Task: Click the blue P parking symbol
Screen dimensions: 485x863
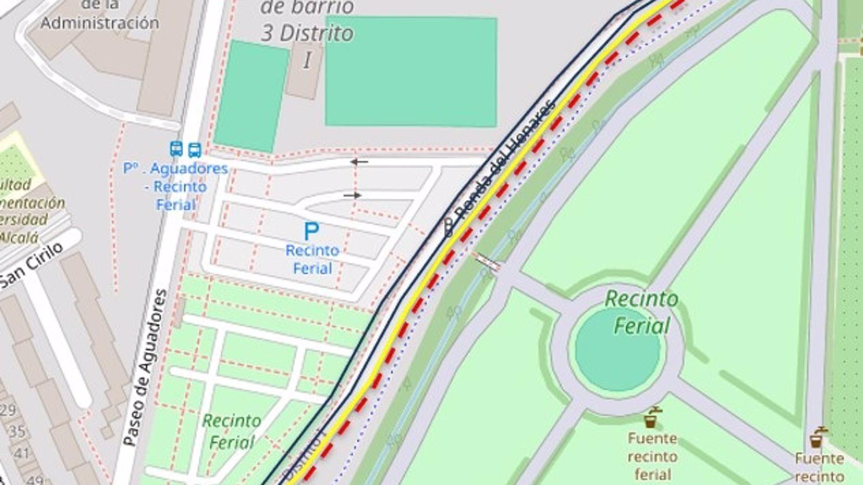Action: (x=311, y=231)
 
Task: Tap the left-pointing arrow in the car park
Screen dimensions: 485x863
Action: (x=359, y=161)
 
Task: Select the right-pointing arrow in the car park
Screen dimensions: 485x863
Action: (x=352, y=195)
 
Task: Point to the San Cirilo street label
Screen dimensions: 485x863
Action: (x=31, y=264)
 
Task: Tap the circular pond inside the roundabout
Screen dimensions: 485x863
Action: (x=617, y=349)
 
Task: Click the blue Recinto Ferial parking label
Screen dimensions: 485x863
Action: (x=312, y=259)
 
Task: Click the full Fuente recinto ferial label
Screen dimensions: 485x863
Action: (x=652, y=456)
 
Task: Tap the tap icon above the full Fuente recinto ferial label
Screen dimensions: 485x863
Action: (x=652, y=418)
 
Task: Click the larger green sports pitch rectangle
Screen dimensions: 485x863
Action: (x=411, y=72)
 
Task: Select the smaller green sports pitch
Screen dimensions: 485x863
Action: (x=251, y=96)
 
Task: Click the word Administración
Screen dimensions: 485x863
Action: (x=100, y=23)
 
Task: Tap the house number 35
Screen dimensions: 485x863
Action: (x=17, y=431)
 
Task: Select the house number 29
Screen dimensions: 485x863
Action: (x=8, y=410)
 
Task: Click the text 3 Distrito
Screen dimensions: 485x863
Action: (x=307, y=33)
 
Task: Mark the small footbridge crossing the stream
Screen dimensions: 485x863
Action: (x=487, y=261)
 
